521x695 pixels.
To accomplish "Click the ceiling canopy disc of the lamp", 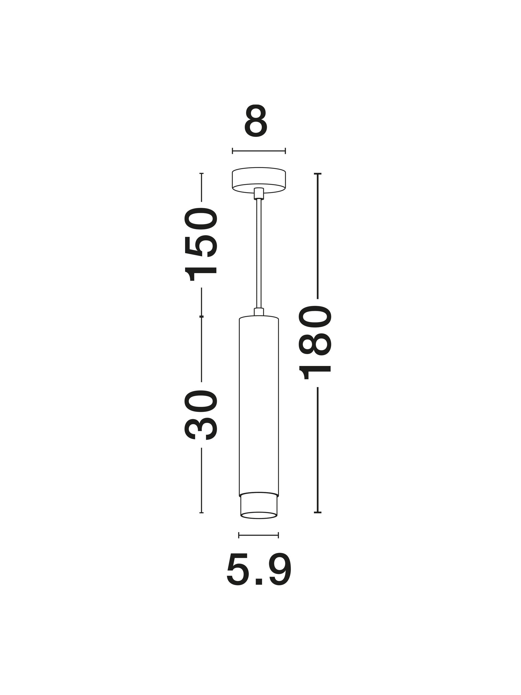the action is tap(259, 179).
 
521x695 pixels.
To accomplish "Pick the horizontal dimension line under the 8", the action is tap(259, 151).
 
